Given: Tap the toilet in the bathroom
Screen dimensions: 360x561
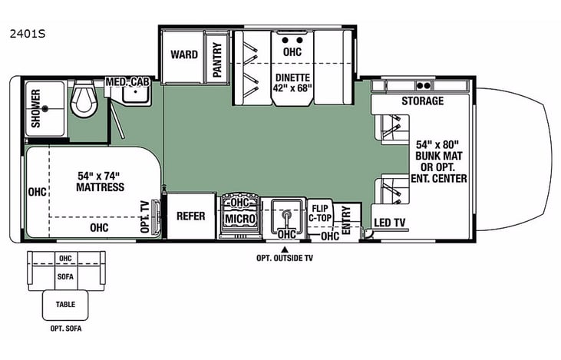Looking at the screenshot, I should pos(82,100).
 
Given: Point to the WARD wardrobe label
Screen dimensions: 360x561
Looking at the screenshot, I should pos(184,54).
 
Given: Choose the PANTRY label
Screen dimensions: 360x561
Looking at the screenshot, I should pos(217,58).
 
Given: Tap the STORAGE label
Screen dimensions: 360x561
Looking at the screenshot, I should pos(421,101).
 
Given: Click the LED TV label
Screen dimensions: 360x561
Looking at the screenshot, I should pos(389,223).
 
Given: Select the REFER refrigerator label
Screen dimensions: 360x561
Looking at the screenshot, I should pos(190,216).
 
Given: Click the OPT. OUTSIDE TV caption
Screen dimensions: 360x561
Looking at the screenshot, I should pos(285,259).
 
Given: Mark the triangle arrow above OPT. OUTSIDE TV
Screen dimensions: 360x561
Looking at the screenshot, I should pos(285,249).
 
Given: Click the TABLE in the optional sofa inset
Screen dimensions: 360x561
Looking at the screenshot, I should pos(66,304).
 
